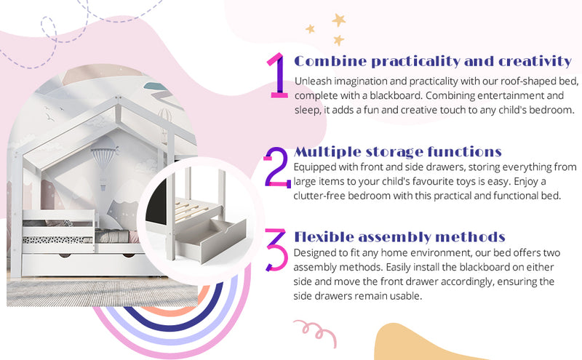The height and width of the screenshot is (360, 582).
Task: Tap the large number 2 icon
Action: [277, 167]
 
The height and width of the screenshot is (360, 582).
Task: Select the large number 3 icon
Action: [276, 249]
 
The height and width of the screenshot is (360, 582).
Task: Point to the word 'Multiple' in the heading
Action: [327, 152]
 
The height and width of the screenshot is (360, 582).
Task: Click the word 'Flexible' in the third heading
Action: [323, 237]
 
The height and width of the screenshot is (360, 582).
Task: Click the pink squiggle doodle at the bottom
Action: [316, 332]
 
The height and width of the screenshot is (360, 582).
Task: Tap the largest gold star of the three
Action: [338, 20]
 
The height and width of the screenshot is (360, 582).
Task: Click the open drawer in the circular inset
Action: [212, 241]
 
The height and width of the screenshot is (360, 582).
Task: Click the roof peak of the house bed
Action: [118, 99]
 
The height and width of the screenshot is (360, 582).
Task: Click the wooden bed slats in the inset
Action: [193, 209]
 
